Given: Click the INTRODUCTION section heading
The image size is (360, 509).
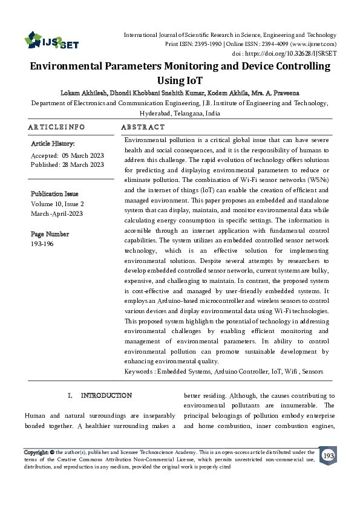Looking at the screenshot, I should (106, 395).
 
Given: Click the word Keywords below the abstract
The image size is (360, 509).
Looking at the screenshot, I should (139, 371).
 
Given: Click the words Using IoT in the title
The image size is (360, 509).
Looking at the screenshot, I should (180, 80).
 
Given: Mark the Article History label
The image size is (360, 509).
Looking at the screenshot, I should (53, 144).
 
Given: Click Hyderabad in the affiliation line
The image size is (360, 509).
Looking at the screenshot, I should (158, 113).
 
